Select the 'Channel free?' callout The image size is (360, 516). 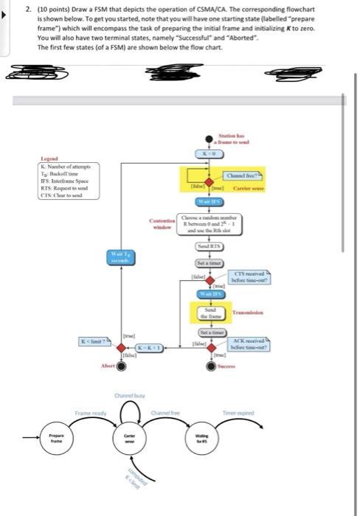[242, 175]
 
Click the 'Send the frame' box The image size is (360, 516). [209, 313]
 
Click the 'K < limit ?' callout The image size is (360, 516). [95, 340]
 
